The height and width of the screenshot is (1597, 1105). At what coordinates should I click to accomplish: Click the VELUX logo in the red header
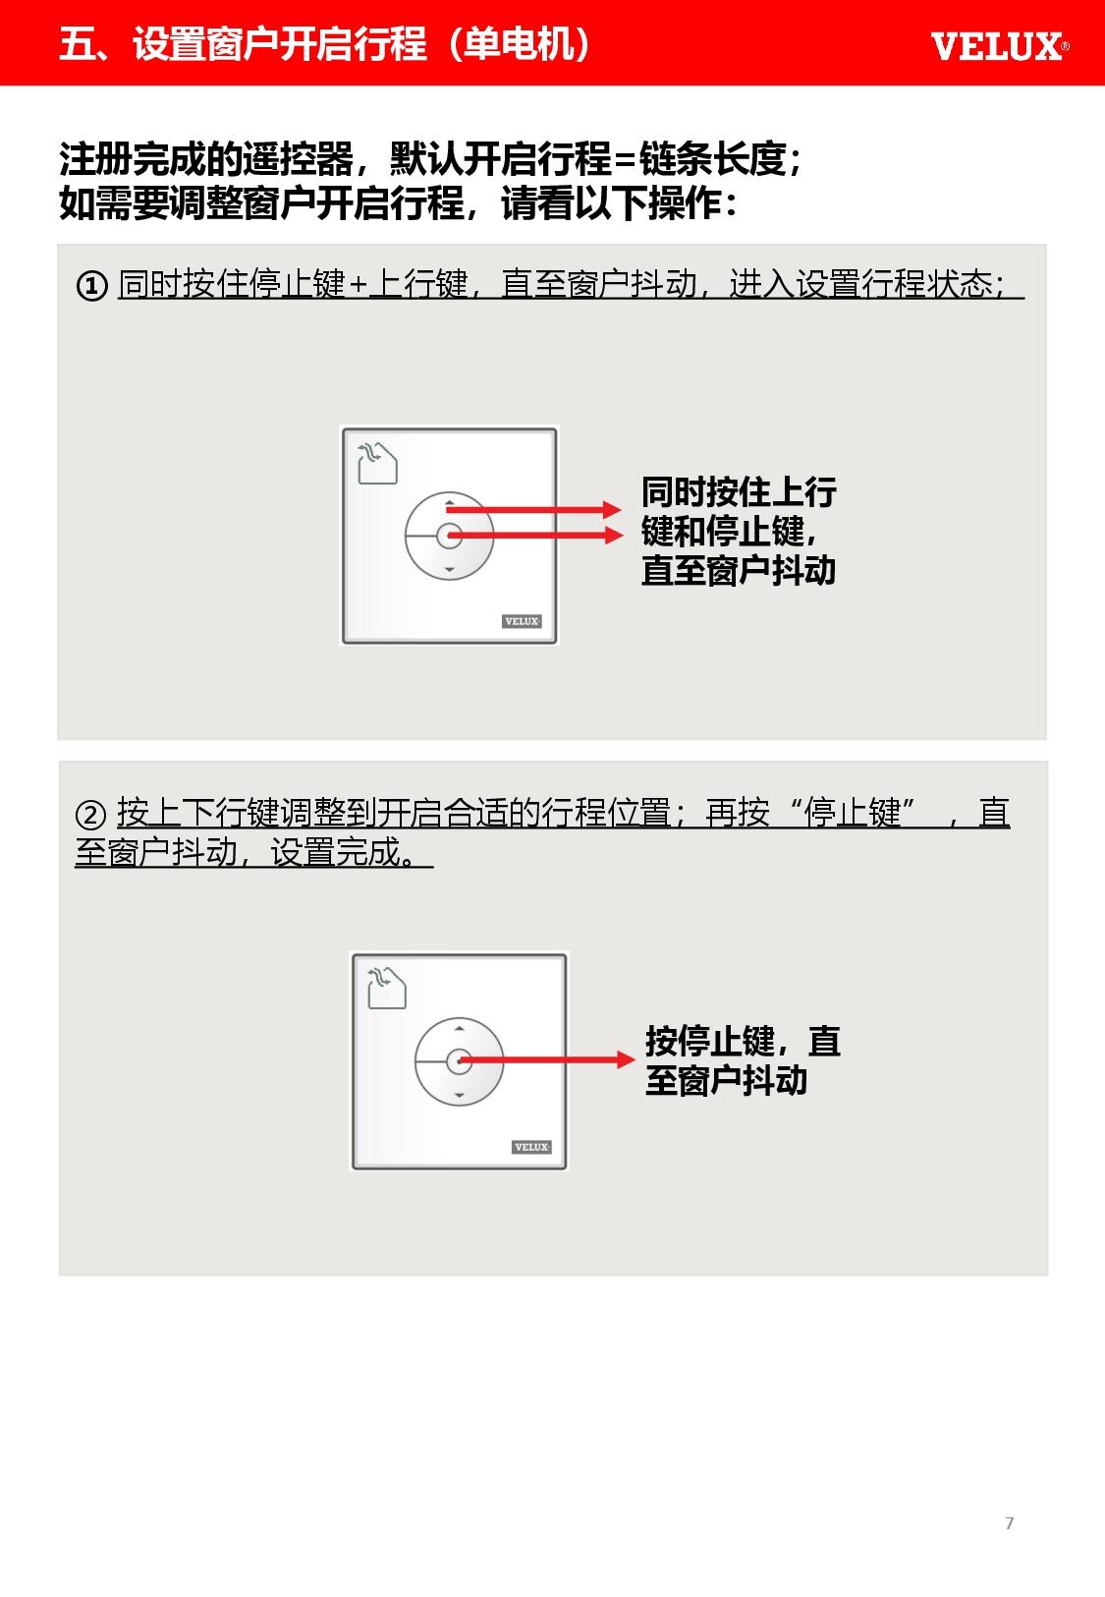(999, 46)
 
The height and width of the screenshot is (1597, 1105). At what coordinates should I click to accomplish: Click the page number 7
(1009, 1523)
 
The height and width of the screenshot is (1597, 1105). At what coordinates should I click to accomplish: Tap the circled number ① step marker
(92, 286)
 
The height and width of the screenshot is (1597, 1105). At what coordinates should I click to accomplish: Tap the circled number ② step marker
(90, 814)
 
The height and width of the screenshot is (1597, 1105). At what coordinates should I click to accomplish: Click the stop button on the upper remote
(449, 536)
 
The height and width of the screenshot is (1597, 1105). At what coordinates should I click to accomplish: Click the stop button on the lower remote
(459, 1060)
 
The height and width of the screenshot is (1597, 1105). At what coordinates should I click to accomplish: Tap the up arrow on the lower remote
(459, 1029)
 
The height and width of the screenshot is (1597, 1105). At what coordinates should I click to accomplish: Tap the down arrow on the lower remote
(459, 1095)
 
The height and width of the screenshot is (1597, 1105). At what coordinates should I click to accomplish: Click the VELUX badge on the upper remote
(522, 621)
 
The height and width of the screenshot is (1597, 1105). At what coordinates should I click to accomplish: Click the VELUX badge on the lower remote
(530, 1147)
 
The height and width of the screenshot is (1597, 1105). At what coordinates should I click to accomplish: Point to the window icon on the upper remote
(377, 462)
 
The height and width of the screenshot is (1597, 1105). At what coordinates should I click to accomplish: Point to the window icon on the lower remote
(387, 988)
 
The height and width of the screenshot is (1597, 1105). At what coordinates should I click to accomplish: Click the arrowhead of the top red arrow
(612, 509)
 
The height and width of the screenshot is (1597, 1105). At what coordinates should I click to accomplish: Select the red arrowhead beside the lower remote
(626, 1059)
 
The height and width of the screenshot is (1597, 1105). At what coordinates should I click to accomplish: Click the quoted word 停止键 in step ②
(853, 812)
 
